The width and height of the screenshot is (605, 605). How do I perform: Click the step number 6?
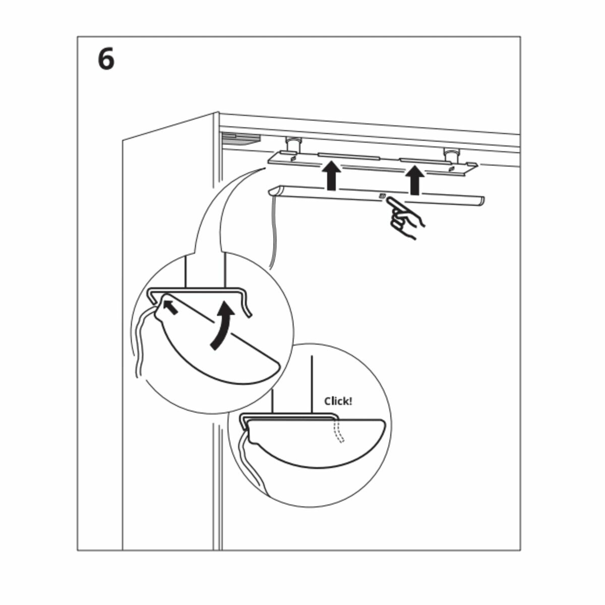(106, 60)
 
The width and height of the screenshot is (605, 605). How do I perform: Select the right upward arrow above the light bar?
(415, 180)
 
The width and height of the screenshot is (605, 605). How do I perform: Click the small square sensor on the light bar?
(382, 196)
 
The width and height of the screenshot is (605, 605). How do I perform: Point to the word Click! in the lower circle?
(338, 401)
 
